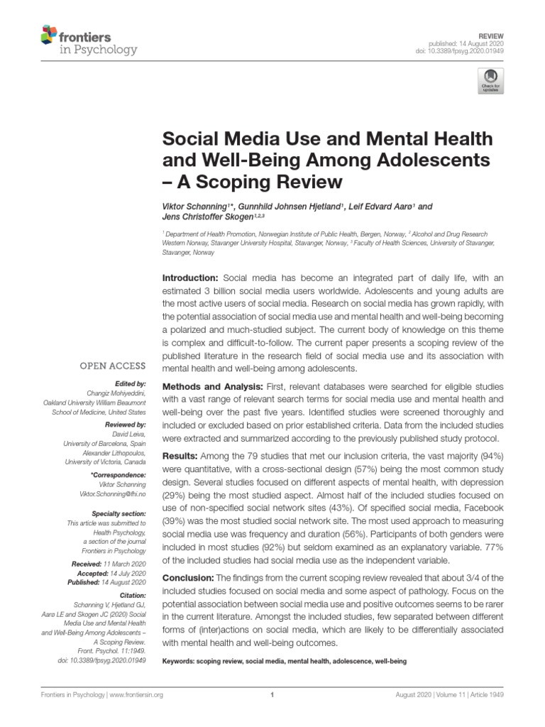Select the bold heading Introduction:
(x=191, y=276)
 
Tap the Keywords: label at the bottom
(x=182, y=660)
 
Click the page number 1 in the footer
(x=272, y=695)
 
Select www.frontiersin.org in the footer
(x=133, y=695)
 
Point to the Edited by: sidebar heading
(x=130, y=383)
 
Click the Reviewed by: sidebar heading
(x=125, y=422)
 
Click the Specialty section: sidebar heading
(x=119, y=513)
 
